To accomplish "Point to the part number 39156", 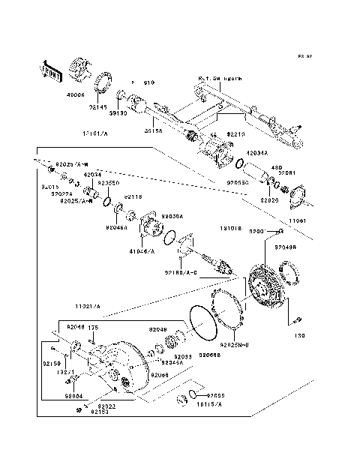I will click(x=154, y=130).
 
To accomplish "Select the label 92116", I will click(x=133, y=196).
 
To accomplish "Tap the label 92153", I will click(x=99, y=412).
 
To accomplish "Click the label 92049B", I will click(x=285, y=246).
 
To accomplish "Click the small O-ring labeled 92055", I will click(x=193, y=394).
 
